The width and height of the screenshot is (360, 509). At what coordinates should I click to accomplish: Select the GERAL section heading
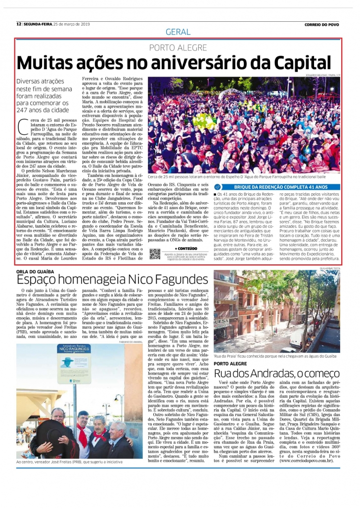click(179, 32)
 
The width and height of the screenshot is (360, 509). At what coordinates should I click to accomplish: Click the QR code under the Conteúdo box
click(155, 254)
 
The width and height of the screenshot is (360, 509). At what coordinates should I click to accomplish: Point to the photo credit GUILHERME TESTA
click(329, 268)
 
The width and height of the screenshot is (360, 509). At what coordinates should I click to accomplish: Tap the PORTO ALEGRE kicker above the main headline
click(179, 47)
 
